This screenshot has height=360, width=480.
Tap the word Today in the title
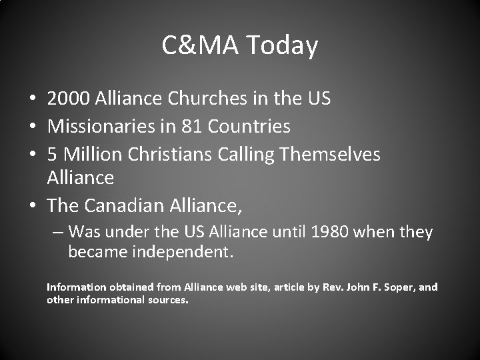pyautogui.click(x=282, y=45)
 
